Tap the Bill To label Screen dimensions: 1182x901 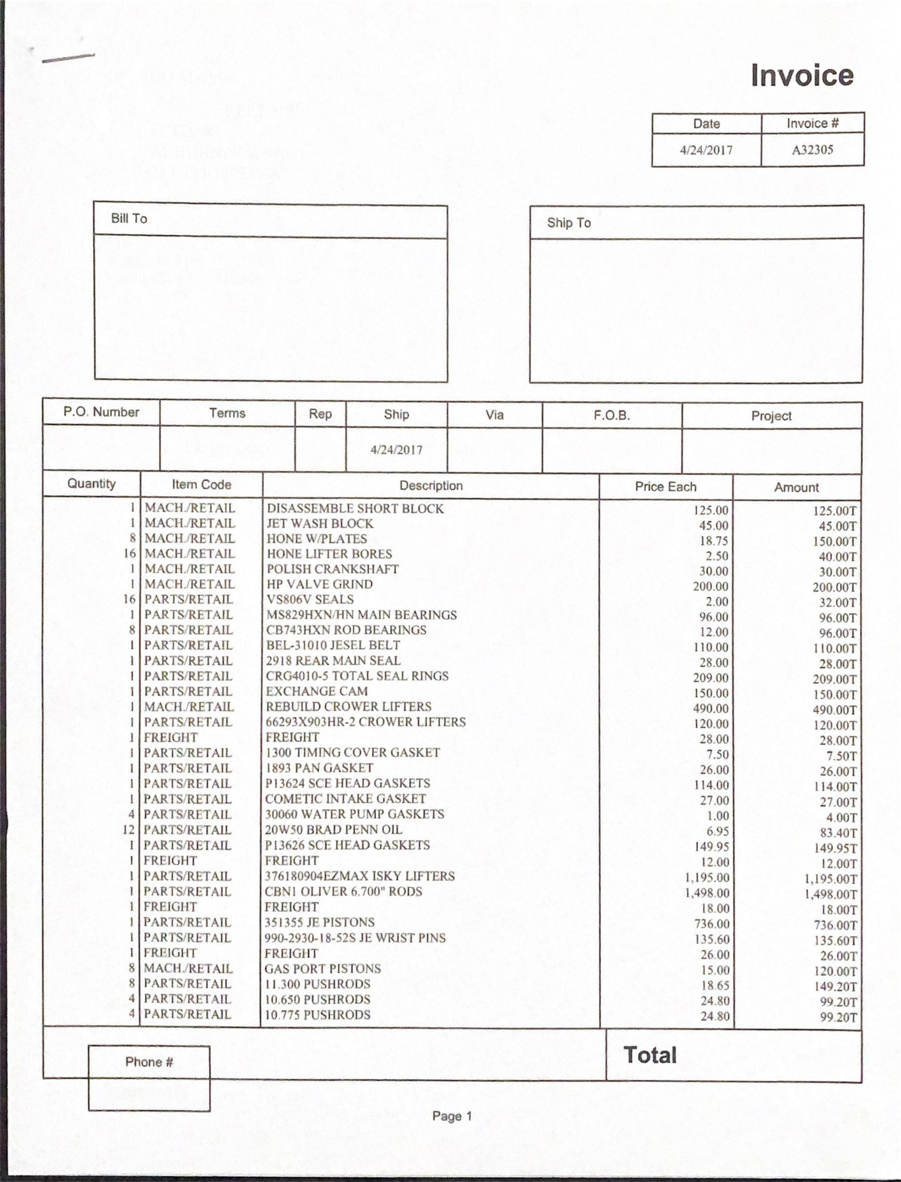(x=129, y=218)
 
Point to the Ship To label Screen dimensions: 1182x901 (x=568, y=223)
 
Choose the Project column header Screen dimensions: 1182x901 (x=771, y=416)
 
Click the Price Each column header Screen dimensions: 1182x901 (x=665, y=487)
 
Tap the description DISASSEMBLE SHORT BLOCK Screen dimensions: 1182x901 (x=355, y=508)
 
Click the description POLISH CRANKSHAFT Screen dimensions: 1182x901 (x=333, y=569)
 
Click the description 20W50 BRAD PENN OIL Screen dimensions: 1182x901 (x=333, y=829)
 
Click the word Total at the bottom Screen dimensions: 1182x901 (x=650, y=1055)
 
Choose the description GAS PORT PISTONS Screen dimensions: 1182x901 (x=322, y=968)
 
